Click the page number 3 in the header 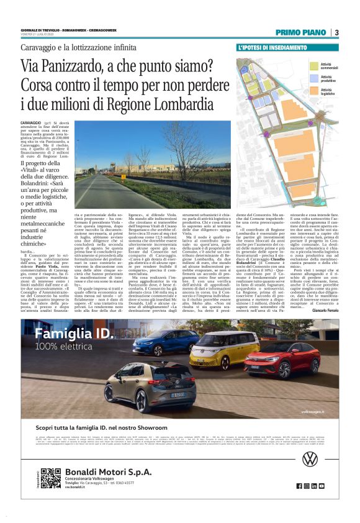click(336, 33)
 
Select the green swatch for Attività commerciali click(312, 64)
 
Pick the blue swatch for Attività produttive click(312, 78)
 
